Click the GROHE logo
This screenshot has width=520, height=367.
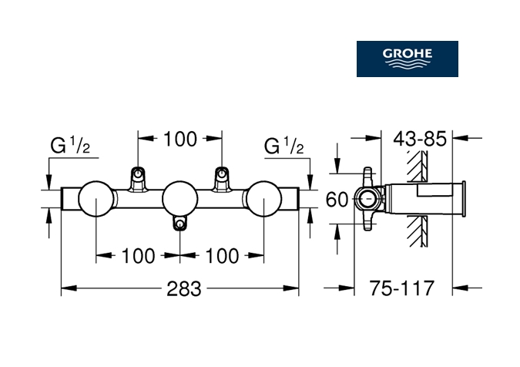tap(407, 59)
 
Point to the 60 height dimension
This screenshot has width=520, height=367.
tap(337, 200)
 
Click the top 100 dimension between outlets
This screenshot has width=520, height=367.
tap(180, 140)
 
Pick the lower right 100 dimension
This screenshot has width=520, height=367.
tap(223, 256)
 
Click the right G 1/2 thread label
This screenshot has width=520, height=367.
tap(285, 146)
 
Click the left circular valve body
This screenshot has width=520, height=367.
tap(96, 199)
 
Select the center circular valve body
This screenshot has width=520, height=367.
tap(179, 199)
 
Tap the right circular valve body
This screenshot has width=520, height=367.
tap(263, 199)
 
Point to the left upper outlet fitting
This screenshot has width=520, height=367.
tap(138, 177)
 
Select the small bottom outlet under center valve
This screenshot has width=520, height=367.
tap(180, 224)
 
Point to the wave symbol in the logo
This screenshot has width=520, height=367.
tap(407, 66)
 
